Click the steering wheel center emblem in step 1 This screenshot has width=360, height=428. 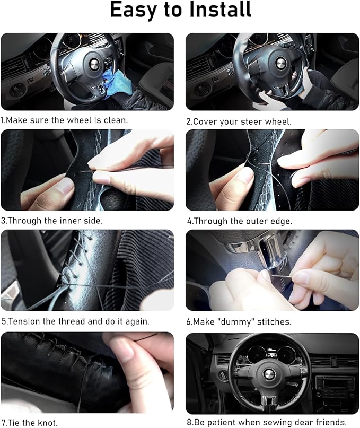coord(93,64)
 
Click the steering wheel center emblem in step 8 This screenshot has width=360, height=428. coord(269,374)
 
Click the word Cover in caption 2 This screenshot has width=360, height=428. coord(205,121)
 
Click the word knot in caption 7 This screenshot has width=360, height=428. coord(48,423)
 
